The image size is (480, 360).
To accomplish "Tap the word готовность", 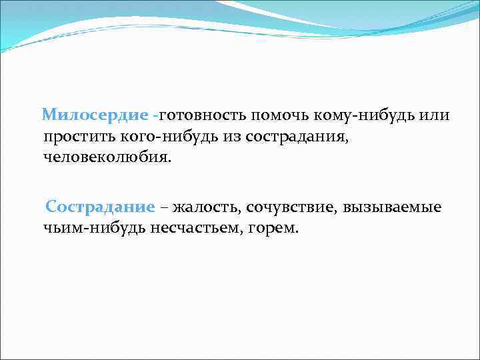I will click(x=203, y=115).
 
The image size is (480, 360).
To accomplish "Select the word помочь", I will click(x=277, y=115).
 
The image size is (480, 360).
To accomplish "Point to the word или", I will click(x=435, y=115).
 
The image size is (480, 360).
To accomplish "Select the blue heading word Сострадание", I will click(x=100, y=207).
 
